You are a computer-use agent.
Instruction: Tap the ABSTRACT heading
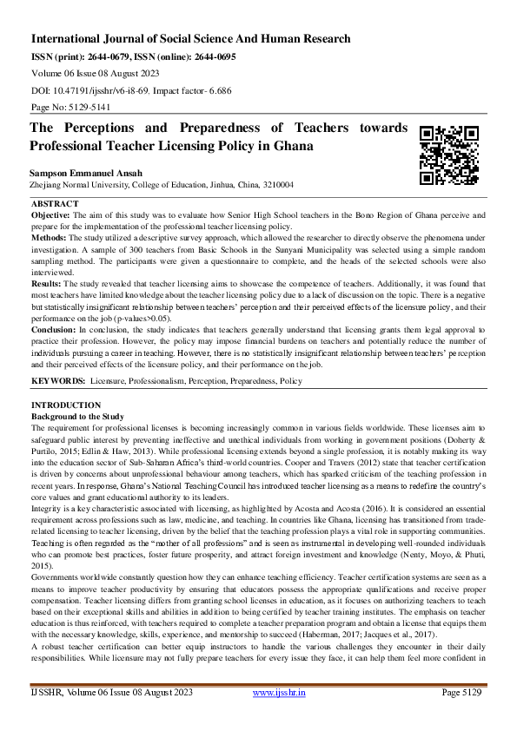(x=55, y=203)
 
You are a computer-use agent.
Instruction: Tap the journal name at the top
(x=191, y=39)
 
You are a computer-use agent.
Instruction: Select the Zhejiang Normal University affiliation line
(x=162, y=186)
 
